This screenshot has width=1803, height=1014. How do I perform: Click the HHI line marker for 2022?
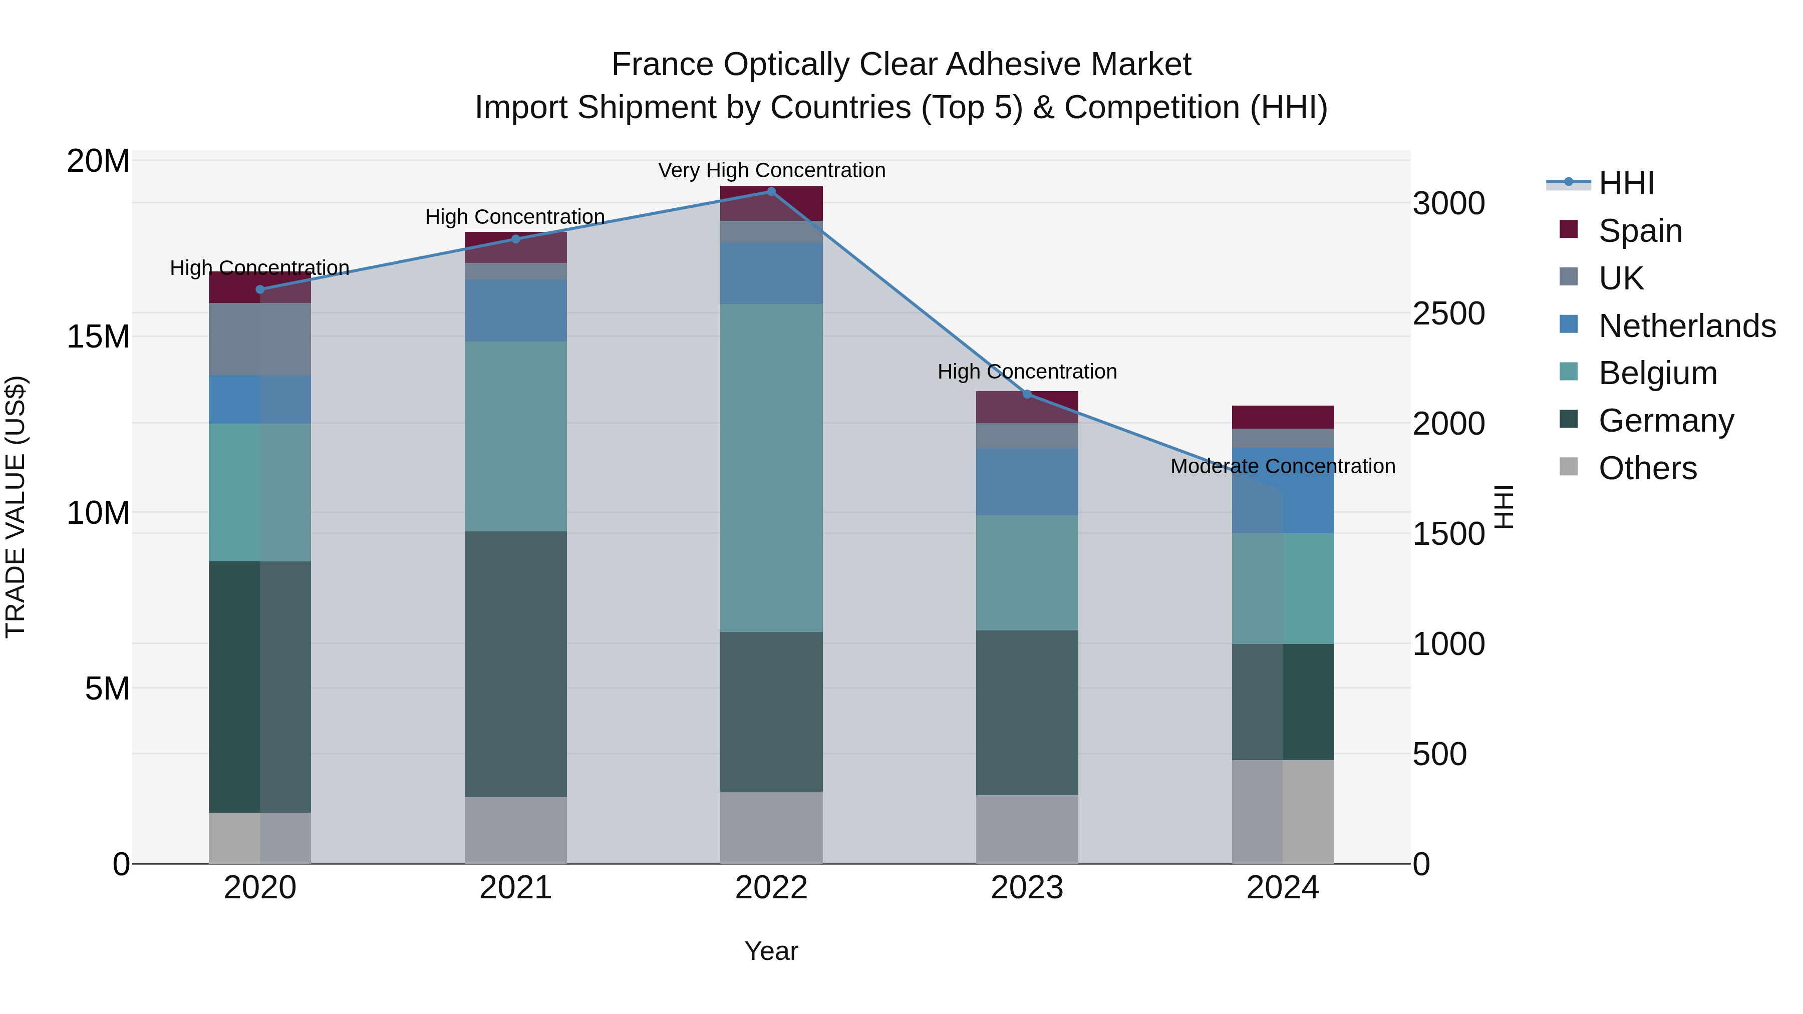pos(771,192)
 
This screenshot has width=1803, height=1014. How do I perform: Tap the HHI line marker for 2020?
pos(260,290)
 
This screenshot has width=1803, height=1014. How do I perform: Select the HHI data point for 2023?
pos(1027,394)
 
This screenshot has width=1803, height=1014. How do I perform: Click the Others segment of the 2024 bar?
pos(1283,812)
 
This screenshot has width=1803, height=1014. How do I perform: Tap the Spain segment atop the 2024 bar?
pos(1283,417)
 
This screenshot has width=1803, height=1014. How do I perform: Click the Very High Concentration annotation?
pos(771,171)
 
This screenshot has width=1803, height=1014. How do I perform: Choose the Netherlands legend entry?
pos(1687,326)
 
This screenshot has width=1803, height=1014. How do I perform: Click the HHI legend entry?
pos(1626,183)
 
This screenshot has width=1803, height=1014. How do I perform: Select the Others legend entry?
pos(1648,468)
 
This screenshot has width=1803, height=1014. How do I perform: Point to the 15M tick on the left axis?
pos(98,336)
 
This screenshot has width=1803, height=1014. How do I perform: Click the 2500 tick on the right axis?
pos(1448,313)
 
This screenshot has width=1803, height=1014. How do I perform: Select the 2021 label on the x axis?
pos(516,888)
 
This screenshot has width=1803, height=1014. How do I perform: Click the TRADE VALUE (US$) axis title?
pos(16,507)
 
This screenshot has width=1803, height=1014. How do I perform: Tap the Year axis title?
pos(771,951)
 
